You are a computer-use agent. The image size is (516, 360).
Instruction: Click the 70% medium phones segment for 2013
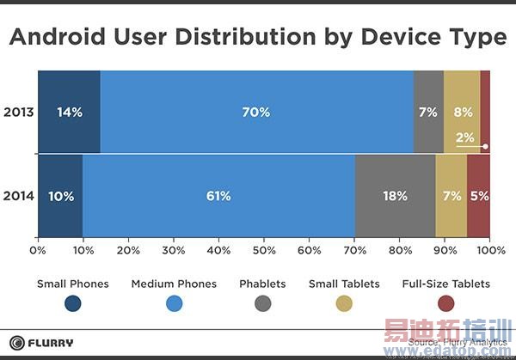256,112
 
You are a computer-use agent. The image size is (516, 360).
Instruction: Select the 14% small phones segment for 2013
69,112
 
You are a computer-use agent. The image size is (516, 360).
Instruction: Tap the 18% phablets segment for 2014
395,196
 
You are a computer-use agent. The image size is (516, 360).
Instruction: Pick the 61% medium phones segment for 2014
218,196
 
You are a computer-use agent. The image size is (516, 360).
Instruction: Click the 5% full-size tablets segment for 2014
479,196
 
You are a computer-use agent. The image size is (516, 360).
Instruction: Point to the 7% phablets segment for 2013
428,112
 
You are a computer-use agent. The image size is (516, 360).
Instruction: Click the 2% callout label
464,138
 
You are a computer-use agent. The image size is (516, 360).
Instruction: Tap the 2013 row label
19,112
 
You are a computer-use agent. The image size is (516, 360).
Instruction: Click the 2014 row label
19,196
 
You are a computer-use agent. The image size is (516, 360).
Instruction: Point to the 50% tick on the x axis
264,250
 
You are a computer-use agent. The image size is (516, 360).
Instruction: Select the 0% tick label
38,250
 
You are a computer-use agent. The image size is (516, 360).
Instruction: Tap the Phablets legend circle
263,303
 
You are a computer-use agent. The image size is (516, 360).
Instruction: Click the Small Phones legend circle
73,303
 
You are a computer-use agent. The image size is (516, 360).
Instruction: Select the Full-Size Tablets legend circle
445,303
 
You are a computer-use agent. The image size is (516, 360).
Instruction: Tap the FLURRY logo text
52,343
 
